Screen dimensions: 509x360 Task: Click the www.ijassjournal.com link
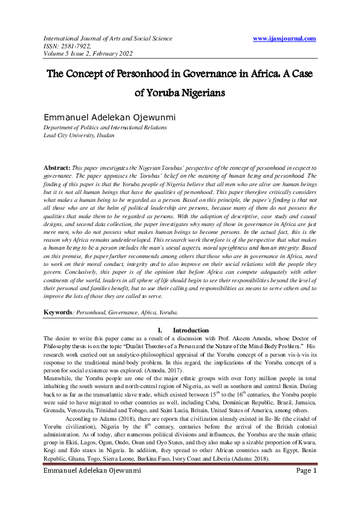pyautogui.click(x=284, y=39)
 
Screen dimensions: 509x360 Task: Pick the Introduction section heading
pyautogui.click(x=191, y=330)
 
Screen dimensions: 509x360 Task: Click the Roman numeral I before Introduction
pyautogui.click(x=159, y=330)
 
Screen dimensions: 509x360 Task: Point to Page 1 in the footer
pyautogui.click(x=305, y=470)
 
